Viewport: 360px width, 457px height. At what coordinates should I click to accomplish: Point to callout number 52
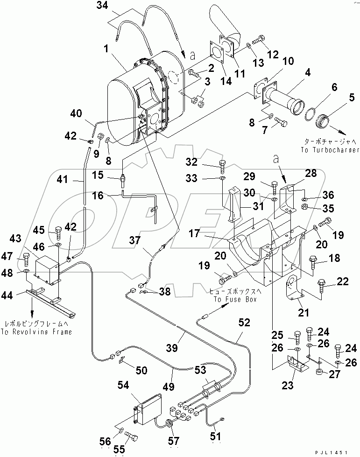tap(244, 323)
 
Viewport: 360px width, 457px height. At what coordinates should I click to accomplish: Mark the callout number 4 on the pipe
tap(308, 73)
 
